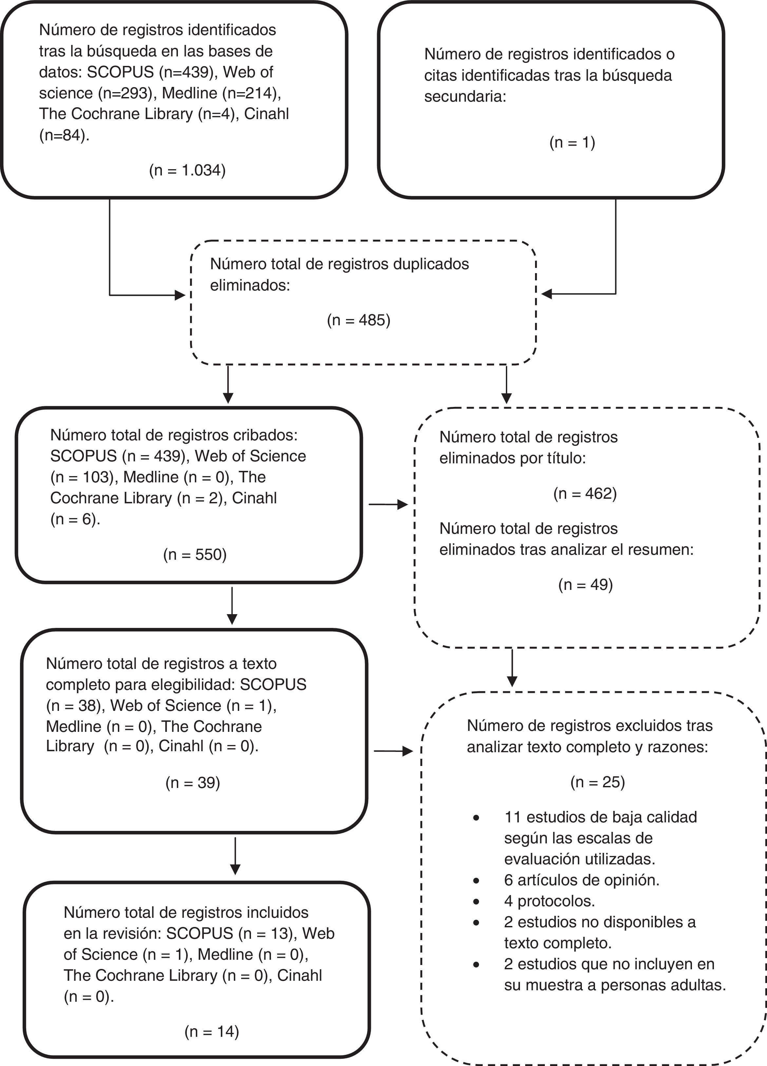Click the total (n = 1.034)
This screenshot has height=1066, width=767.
[187, 170]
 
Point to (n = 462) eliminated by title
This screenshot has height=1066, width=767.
[585, 493]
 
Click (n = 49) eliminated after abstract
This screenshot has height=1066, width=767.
[585, 585]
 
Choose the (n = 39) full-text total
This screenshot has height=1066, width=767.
[193, 783]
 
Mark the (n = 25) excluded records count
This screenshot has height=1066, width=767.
[597, 782]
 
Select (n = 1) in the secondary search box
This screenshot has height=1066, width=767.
[572, 142]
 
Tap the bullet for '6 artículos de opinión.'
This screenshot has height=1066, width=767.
[477, 881]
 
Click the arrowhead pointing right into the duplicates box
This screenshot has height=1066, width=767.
[180, 295]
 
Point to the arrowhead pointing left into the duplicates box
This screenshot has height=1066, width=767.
[547, 294]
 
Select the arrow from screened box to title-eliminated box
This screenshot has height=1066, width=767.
[389, 504]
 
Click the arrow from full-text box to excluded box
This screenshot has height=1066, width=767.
[393, 751]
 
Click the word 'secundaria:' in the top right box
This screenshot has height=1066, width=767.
[465, 96]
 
